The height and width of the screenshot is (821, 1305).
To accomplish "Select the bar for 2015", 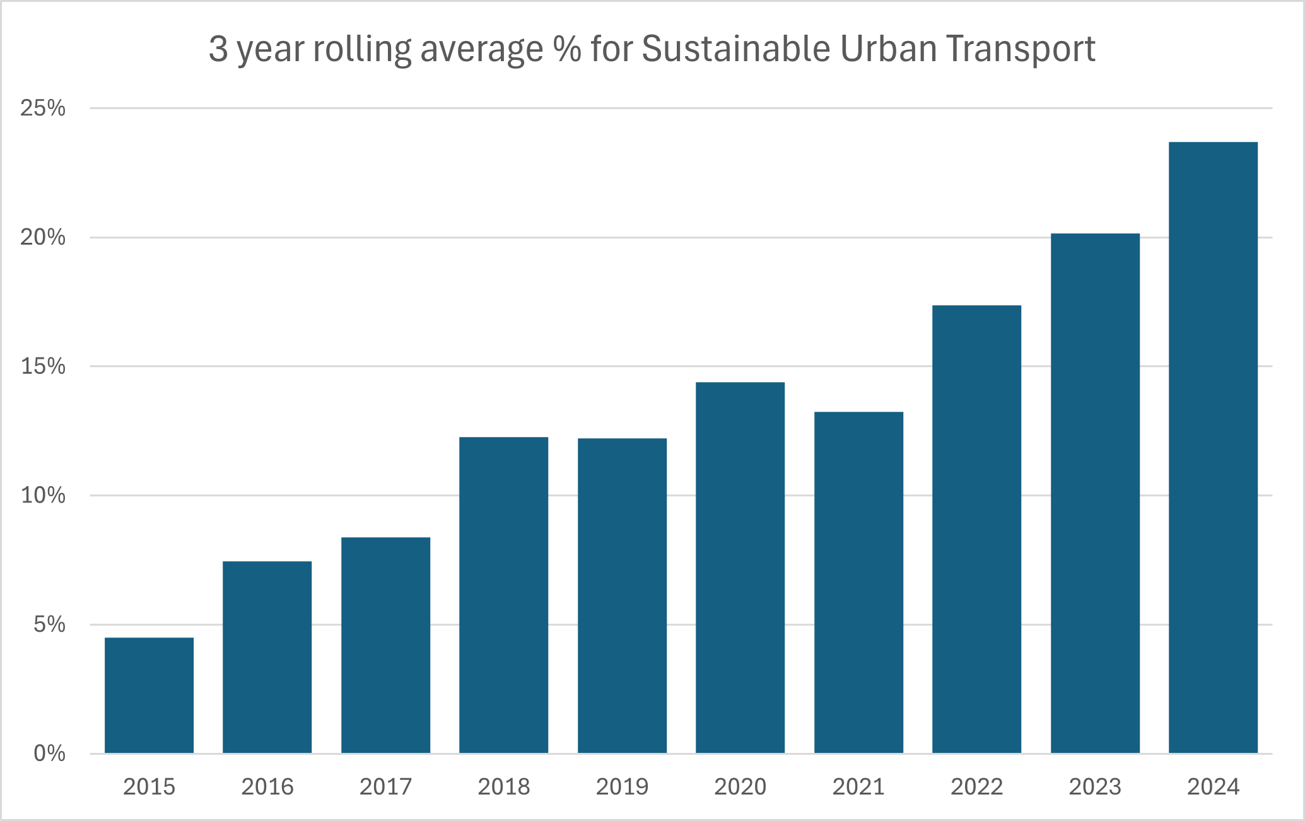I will [x=149, y=695].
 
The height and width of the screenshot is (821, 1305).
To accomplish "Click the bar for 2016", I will [x=267, y=657].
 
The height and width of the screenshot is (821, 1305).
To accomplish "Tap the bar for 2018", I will [x=503, y=595].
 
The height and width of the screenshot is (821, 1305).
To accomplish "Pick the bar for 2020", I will [x=740, y=568].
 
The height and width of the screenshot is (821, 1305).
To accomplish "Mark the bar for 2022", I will [x=976, y=529].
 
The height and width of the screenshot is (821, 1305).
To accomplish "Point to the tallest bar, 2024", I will [x=1213, y=448].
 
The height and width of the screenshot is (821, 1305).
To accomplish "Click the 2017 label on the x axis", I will [x=385, y=787].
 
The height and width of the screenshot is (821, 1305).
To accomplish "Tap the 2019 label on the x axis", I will [x=622, y=787].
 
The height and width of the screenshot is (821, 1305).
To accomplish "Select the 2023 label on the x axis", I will [x=1095, y=787].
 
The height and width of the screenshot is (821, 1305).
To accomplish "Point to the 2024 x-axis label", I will [x=1213, y=787].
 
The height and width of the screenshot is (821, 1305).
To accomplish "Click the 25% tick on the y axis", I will [x=43, y=108].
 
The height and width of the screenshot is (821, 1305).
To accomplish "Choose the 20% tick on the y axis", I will [x=43, y=238].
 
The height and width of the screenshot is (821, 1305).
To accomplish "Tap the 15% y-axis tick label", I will [x=43, y=366].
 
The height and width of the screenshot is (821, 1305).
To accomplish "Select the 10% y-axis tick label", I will [x=43, y=496].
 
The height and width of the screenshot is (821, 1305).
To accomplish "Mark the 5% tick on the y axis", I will [x=49, y=625].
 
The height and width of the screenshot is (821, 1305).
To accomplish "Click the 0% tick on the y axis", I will [x=49, y=754].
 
